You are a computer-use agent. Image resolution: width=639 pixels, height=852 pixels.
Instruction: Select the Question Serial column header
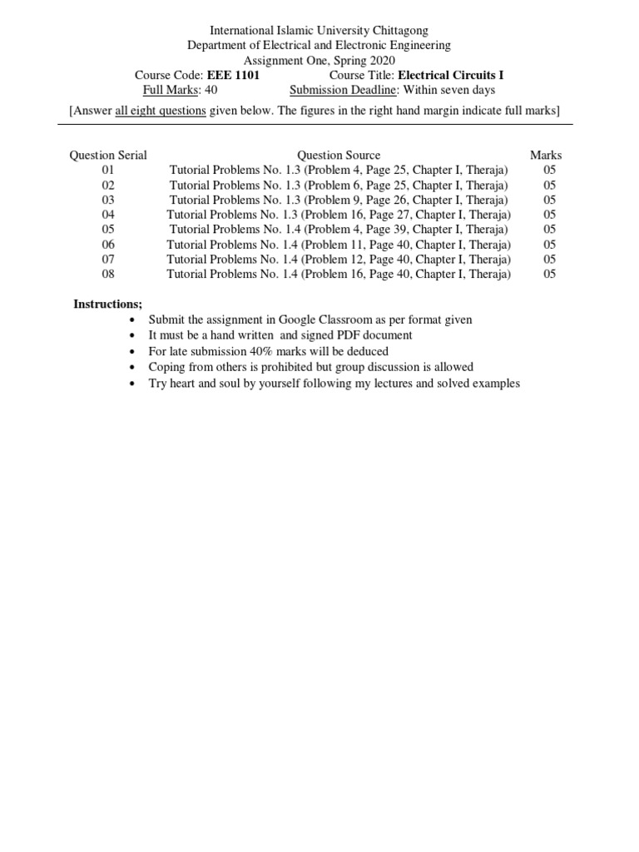point(108,155)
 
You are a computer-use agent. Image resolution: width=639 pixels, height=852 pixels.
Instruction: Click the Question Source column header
point(339,155)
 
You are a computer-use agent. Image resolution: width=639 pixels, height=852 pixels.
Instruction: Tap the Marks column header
point(546,155)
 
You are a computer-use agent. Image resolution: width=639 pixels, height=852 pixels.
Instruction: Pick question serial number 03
point(108,200)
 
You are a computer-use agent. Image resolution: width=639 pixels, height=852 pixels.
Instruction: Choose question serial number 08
point(108,274)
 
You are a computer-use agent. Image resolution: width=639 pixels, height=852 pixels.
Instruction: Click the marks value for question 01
point(549,170)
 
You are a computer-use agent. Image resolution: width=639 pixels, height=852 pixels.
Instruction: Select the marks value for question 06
point(549,245)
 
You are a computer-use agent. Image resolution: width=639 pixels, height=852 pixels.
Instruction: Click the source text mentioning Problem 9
point(339,200)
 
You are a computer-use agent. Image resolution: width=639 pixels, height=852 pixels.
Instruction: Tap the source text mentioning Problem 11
point(339,245)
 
